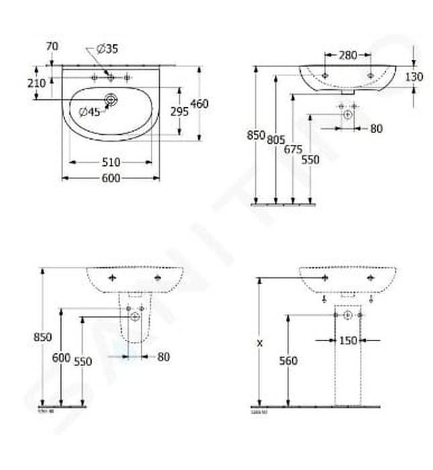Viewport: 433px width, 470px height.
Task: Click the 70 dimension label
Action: pyautogui.click(x=52, y=46)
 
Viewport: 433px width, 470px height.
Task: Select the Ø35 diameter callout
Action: pyautogui.click(x=107, y=48)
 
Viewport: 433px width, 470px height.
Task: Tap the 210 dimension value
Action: pyautogui.click(x=36, y=83)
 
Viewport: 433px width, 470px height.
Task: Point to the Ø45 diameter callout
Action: pyautogui.click(x=89, y=113)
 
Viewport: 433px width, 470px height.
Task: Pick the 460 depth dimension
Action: pyautogui.click(x=199, y=103)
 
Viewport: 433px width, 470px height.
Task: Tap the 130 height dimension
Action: pyautogui.click(x=414, y=77)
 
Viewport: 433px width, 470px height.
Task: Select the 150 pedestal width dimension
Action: pyautogui.click(x=348, y=340)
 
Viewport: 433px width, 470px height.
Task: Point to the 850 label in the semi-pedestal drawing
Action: pyautogui.click(x=42, y=338)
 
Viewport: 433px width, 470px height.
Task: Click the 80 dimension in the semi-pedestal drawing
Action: pyautogui.click(x=163, y=357)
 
